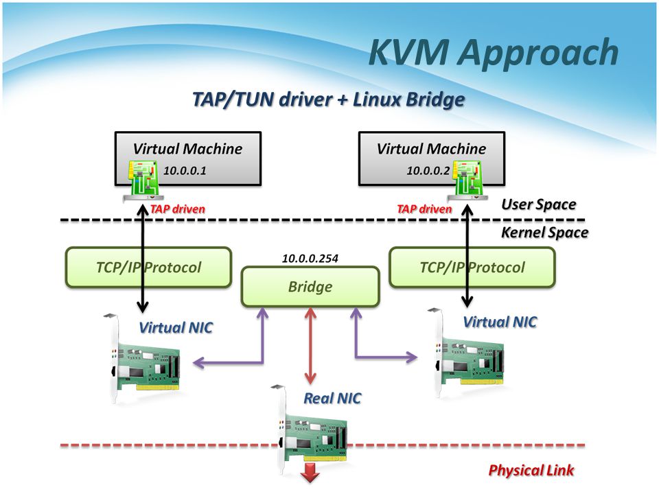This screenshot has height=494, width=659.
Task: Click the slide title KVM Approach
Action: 493,53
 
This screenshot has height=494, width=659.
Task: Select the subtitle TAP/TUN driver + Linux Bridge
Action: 328,100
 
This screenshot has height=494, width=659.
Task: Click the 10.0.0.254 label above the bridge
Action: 310,259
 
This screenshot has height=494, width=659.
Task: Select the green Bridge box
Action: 310,286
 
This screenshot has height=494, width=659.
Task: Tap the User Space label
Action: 538,204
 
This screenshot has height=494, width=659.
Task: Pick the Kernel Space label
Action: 544,232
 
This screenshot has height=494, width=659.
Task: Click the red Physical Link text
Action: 531,470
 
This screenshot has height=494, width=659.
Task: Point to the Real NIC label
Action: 332,398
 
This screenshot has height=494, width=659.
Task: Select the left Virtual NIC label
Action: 176,327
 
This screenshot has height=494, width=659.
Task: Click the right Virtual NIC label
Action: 500,321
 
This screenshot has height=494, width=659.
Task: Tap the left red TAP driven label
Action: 177,209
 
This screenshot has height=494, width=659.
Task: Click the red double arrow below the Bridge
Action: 310,346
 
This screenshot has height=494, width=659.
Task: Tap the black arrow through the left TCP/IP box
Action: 142,267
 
